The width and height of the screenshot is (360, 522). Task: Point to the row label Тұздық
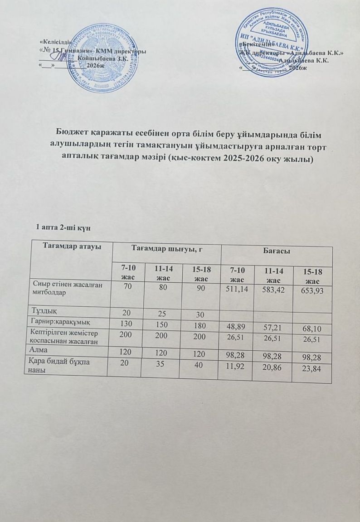coord(44,311)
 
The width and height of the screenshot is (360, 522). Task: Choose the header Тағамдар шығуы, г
coord(166,248)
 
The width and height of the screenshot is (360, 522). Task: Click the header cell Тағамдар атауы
coord(72,246)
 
